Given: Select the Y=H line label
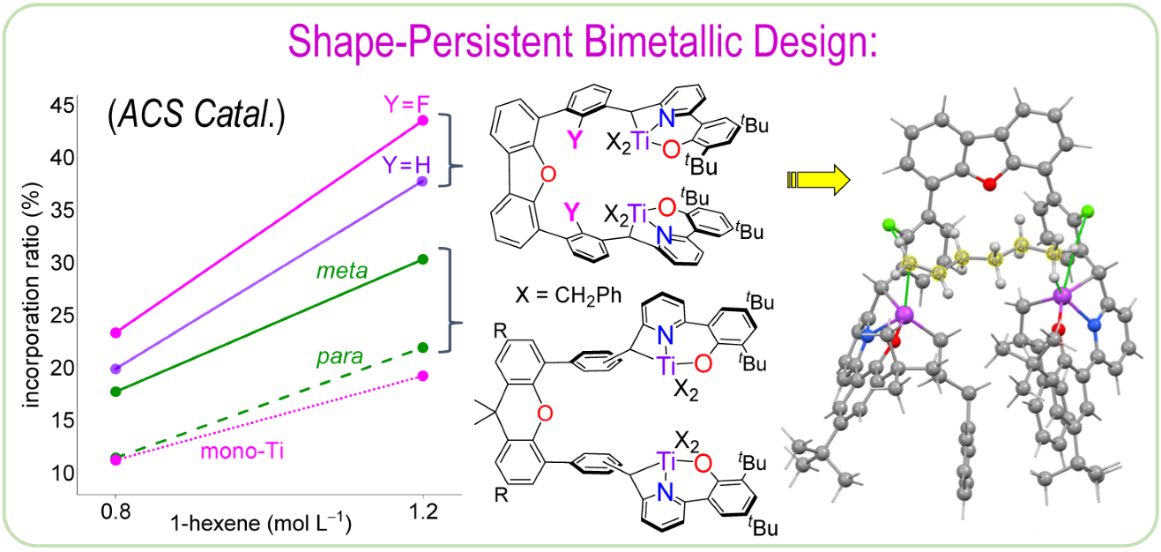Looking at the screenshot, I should [405, 164].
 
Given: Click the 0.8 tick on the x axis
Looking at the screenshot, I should [115, 511].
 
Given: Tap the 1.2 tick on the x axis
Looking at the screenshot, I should [422, 511].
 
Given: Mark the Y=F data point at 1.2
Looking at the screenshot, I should [422, 120].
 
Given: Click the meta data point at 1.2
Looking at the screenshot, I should [422, 258].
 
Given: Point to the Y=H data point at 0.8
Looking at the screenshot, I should [115, 368].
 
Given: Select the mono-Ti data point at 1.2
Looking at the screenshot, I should [422, 376].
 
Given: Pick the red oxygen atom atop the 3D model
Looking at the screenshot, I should [990, 183].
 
